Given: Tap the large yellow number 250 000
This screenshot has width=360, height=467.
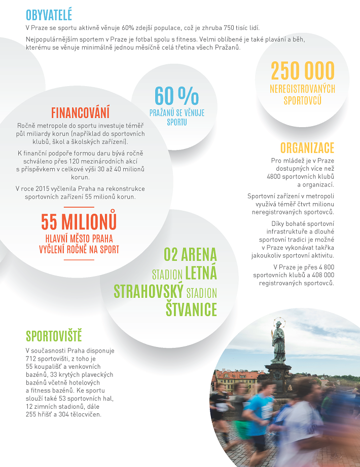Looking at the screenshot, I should click(x=303, y=71).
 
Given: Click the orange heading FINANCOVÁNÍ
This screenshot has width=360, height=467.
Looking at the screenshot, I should click(x=80, y=112).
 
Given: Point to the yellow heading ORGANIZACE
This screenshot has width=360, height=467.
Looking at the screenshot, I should click(x=307, y=148).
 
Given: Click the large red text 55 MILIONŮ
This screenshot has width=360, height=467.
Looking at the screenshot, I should click(x=79, y=222).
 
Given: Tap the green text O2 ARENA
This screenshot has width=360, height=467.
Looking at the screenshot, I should click(x=190, y=254).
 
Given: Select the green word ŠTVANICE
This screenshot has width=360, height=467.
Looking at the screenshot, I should click(x=191, y=309).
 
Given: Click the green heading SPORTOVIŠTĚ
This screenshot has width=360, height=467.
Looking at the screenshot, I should click(x=54, y=336).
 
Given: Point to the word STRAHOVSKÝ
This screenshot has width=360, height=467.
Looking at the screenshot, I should click(x=148, y=292).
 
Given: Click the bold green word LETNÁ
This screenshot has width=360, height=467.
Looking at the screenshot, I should click(x=201, y=274).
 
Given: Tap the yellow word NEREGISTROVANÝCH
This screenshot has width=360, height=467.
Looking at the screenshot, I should click(x=303, y=89).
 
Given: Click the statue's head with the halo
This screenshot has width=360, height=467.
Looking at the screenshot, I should click(x=278, y=325).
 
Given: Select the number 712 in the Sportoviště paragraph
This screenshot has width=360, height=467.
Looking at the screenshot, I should click(x=32, y=359).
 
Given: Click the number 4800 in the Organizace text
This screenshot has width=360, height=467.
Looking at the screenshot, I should click(x=276, y=176).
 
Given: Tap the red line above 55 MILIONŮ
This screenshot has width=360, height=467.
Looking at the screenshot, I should click(x=79, y=207).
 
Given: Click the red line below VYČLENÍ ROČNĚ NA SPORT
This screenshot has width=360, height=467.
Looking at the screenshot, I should click(x=79, y=259).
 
